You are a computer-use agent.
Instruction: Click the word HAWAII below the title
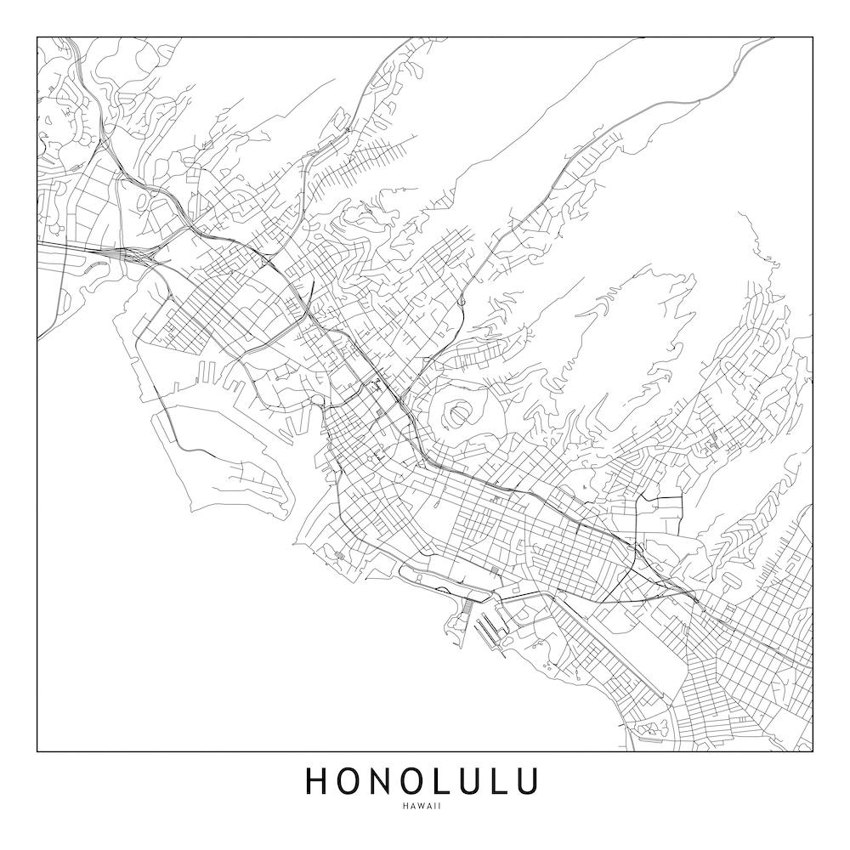[423, 806]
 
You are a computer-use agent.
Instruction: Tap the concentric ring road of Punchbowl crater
[459, 414]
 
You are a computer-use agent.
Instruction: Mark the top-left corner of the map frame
[37, 37]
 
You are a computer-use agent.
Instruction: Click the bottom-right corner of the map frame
[812, 751]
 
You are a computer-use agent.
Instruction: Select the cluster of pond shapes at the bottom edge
[650, 729]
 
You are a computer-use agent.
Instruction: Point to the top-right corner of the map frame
[812, 37]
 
